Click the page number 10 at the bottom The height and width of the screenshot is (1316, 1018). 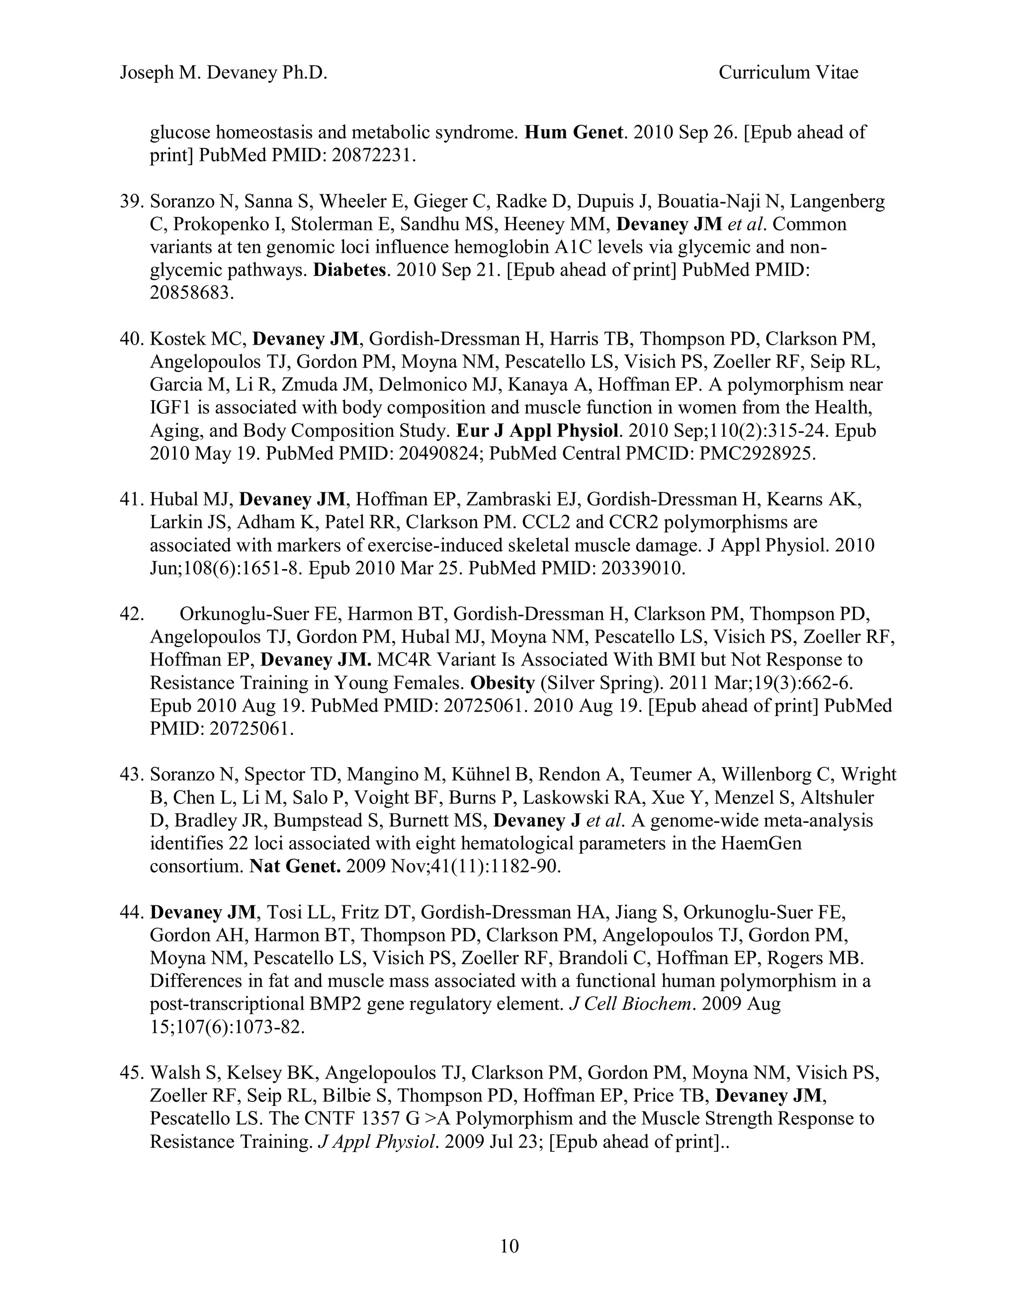(509, 1245)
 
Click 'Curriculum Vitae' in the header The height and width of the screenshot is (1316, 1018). (788, 73)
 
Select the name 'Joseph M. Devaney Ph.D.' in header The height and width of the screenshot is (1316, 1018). (223, 73)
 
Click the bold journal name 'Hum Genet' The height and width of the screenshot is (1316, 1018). (574, 132)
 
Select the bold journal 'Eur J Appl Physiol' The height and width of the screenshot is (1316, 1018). (537, 431)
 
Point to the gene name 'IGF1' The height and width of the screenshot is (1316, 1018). (170, 408)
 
